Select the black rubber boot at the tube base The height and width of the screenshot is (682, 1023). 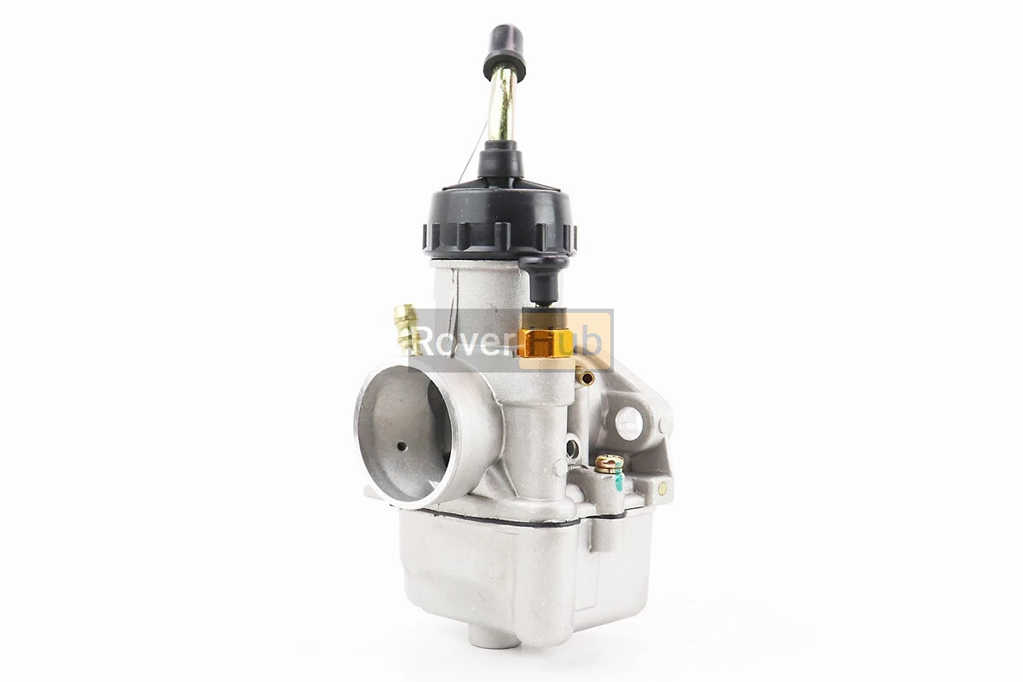(500, 160)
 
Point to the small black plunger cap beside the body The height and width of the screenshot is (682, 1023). (544, 280)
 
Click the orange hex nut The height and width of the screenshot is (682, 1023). (546, 335)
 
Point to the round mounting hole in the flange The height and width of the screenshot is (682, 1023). (629, 423)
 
